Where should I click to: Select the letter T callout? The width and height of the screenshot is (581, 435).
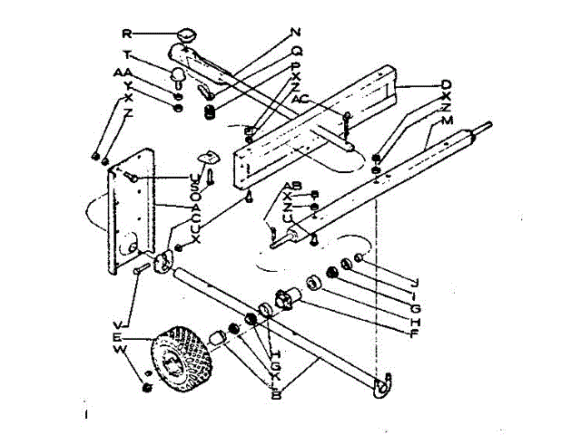(x=128, y=54)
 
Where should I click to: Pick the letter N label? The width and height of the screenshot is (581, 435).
(x=296, y=34)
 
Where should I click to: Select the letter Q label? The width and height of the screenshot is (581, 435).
(x=296, y=52)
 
